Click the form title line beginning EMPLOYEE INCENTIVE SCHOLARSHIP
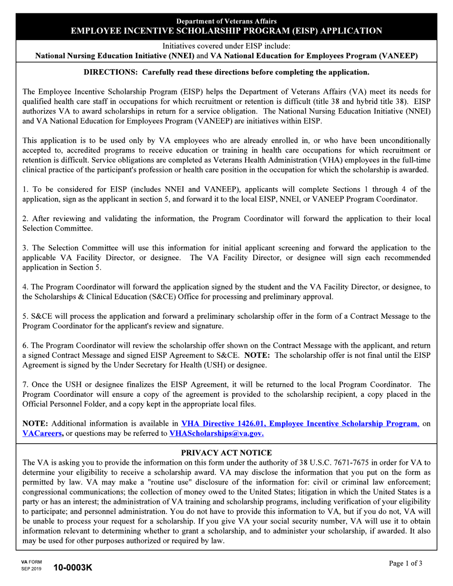point(226,31)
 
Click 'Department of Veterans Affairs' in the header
point(226,21)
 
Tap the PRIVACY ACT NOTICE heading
point(226,453)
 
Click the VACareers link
point(43,434)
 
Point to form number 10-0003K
point(72,567)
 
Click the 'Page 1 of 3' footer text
point(405,564)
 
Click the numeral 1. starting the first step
point(25,190)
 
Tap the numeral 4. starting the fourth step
point(25,287)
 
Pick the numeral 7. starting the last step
point(25,384)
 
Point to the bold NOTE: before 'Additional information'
point(36,424)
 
